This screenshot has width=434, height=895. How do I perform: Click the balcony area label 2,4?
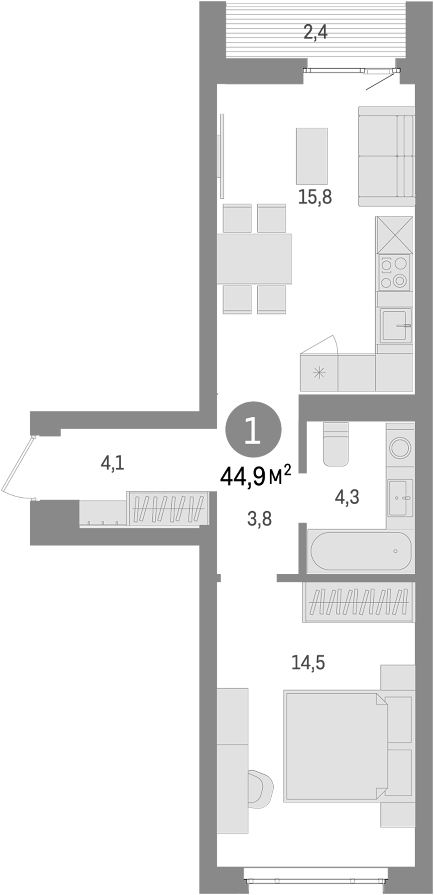tap(315, 33)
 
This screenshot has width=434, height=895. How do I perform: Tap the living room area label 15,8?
tap(315, 197)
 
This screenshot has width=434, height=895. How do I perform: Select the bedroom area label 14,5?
tap(308, 662)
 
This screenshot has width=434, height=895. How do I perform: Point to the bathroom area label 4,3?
tap(346, 497)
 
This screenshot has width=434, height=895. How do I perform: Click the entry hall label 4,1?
tap(112, 464)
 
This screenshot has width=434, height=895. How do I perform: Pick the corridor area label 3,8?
tap(259, 520)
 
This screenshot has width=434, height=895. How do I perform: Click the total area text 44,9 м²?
tap(255, 477)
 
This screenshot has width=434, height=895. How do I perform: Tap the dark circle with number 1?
tap(254, 431)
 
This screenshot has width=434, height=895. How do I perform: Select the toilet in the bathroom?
tap(336, 444)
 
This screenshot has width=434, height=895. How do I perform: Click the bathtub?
tap(360, 551)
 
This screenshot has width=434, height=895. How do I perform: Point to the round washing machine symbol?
tap(400, 447)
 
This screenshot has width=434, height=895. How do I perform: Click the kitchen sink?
tap(396, 326)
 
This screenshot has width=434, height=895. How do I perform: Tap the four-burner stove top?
tap(394, 272)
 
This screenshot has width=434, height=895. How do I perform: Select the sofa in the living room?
tap(386, 156)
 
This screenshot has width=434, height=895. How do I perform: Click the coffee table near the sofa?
tap(312, 156)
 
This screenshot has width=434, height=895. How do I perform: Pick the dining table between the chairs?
tap(254, 259)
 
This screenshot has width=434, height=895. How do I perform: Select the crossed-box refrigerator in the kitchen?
tap(394, 235)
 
